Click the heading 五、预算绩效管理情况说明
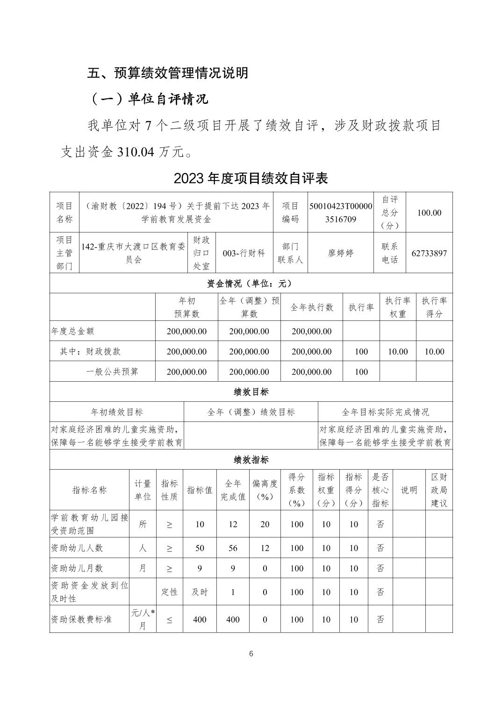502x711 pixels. click(168, 73)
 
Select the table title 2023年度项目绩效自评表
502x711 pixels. click(251, 178)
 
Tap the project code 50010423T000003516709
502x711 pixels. click(341, 212)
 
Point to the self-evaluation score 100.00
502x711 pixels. click(429, 212)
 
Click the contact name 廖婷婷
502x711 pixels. click(341, 253)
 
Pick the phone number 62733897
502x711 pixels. click(429, 253)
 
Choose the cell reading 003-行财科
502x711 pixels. click(244, 253)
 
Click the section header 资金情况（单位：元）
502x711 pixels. click(251, 283)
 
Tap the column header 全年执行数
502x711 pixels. click(312, 307)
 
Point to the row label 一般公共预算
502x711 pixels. click(112, 372)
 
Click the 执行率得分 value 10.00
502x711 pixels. click(434, 352)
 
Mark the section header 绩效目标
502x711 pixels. click(251, 392)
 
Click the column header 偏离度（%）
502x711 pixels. click(265, 490)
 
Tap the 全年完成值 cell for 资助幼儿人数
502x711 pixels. click(233, 548)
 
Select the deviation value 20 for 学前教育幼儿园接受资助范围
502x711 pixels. click(265, 524)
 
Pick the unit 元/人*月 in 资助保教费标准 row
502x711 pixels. click(143, 619)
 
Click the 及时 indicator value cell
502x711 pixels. click(200, 592)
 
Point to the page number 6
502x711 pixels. click(251, 654)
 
